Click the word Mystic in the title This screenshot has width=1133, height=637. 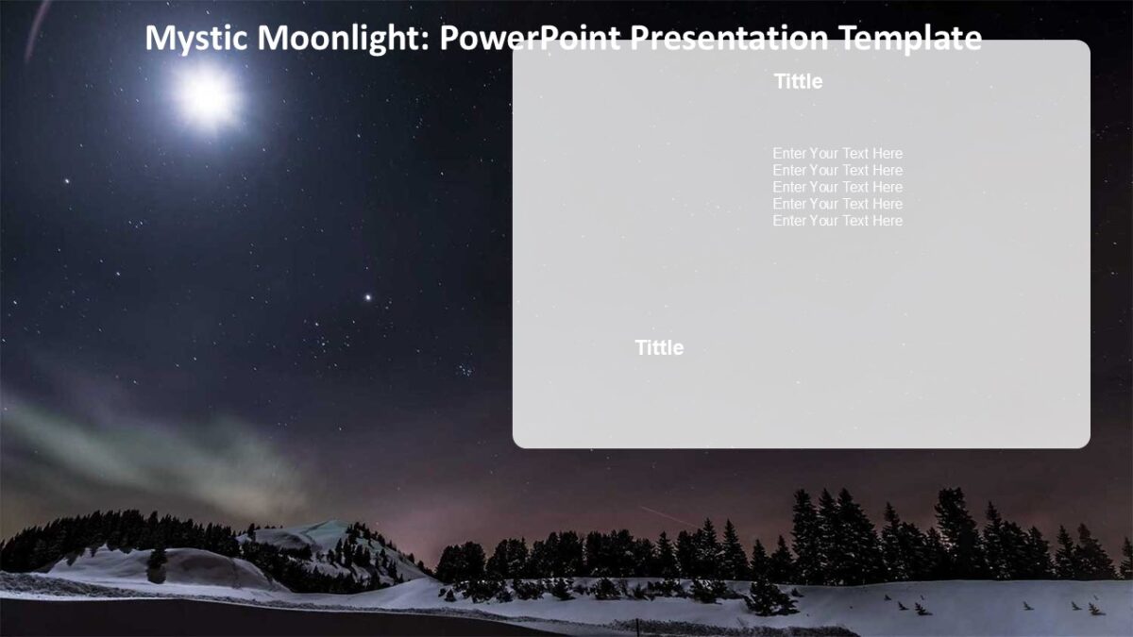(x=195, y=39)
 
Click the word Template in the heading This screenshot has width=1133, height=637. (x=910, y=39)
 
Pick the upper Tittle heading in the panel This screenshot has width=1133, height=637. (x=798, y=82)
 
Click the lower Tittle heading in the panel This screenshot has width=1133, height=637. (x=659, y=348)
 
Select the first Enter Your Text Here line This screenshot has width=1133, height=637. (x=837, y=154)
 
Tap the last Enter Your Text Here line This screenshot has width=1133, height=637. (x=837, y=221)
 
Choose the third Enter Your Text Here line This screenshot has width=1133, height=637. (x=837, y=187)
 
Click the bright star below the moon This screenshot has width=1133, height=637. (x=368, y=297)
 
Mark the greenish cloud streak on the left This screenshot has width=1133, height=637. (x=142, y=444)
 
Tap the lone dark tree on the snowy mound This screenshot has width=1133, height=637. (x=157, y=564)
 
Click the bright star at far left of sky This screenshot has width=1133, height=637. (x=66, y=180)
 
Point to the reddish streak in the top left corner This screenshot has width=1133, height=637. (x=38, y=28)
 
